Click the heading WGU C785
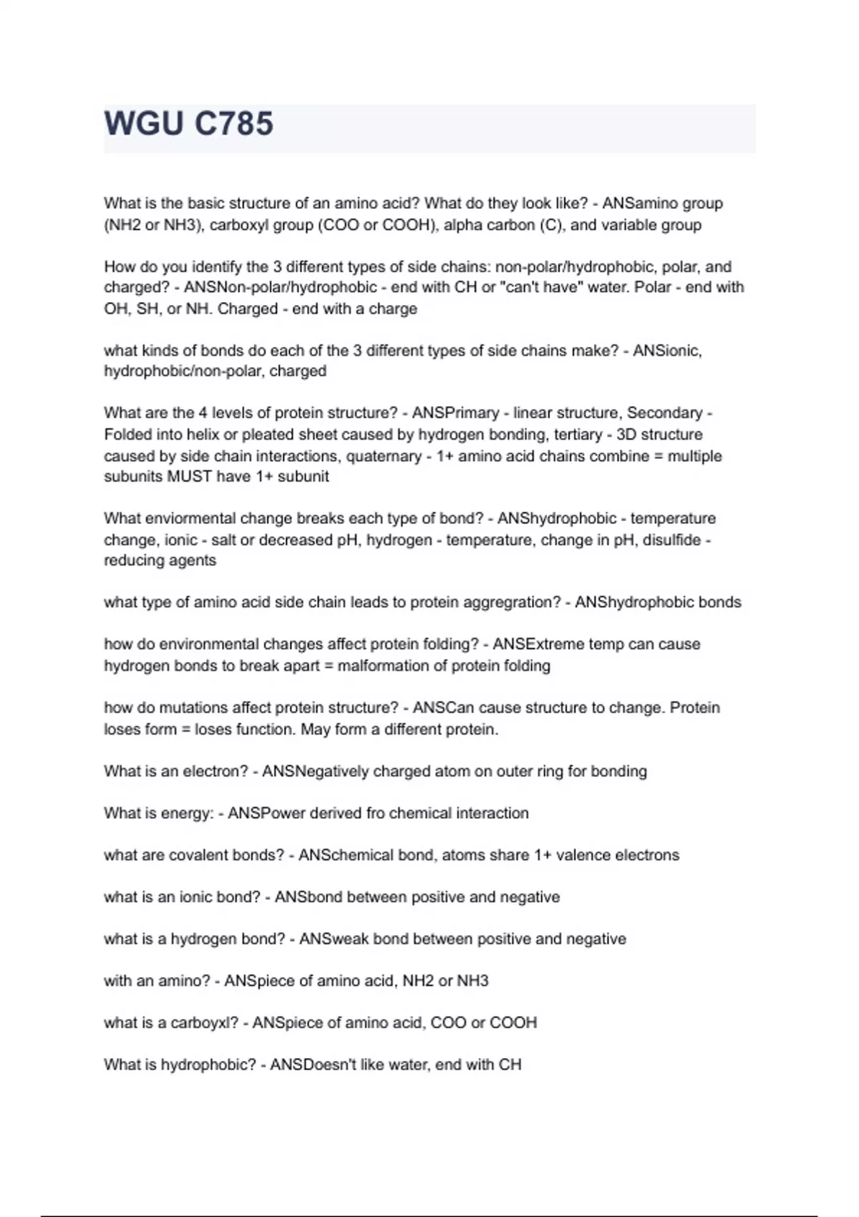pyautogui.click(x=189, y=124)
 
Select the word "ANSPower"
pyautogui.click(x=266, y=813)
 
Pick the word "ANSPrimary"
pyautogui.click(x=455, y=413)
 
